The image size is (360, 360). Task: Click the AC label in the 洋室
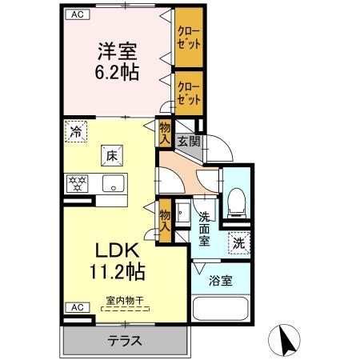point(76,14)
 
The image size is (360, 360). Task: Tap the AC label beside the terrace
point(75,307)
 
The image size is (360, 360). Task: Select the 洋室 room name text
point(117,50)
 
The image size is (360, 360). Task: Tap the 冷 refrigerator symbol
point(76,131)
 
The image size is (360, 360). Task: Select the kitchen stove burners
point(78,182)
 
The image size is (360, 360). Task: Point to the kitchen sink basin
point(113,183)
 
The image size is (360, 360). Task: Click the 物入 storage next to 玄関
point(165,132)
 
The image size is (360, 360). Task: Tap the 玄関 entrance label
point(189,142)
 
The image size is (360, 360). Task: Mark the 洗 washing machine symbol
point(238,240)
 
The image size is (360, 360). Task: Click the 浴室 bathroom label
point(220,282)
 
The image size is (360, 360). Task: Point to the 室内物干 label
point(125,302)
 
